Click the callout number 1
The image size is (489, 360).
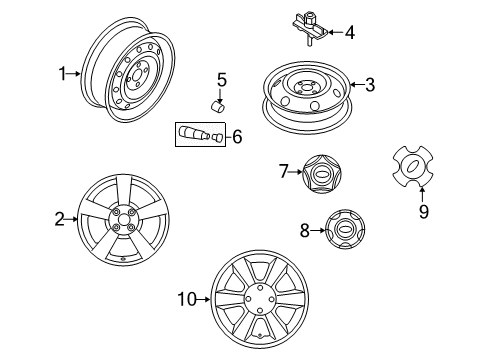[x=63, y=74]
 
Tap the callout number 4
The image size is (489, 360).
[x=349, y=33]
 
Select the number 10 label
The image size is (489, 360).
[x=187, y=299]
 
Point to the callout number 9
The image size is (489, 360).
[x=423, y=211]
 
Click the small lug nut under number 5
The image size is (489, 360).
[x=219, y=107]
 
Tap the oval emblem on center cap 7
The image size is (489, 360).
[x=322, y=175]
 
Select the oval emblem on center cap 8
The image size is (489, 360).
[x=345, y=230]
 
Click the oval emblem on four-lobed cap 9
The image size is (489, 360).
[x=413, y=166]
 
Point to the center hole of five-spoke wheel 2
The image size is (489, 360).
[x=123, y=220]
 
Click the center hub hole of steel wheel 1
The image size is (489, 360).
[x=136, y=75]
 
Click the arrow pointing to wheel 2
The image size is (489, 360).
[x=71, y=219]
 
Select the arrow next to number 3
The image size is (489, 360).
[x=357, y=85]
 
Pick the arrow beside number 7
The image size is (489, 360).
[x=296, y=172]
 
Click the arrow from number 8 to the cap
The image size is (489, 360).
[x=318, y=230]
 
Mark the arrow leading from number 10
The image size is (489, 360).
[x=204, y=299]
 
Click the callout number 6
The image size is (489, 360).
[x=237, y=137]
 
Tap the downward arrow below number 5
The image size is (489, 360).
[x=220, y=96]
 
